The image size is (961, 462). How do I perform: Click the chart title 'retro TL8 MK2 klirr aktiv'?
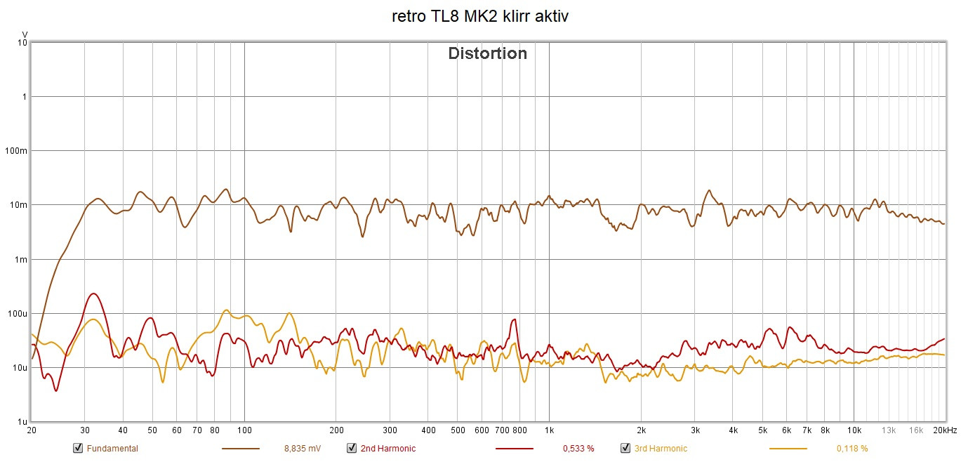pyautogui.click(x=480, y=16)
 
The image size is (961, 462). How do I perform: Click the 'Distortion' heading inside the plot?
pyautogui.click(x=487, y=53)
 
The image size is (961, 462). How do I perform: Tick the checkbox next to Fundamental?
pyautogui.click(x=77, y=448)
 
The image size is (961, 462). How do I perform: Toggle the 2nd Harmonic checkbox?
pyautogui.click(x=351, y=448)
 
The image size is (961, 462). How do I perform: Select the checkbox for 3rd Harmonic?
pyautogui.click(x=625, y=448)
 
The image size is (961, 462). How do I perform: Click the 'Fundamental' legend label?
pyautogui.click(x=112, y=449)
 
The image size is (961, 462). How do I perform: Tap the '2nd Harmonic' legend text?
pyautogui.click(x=387, y=449)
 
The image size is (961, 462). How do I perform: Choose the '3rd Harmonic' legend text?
pyautogui.click(x=661, y=449)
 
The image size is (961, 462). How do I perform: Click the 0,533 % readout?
pyautogui.click(x=578, y=449)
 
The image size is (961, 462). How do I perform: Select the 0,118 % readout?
pyautogui.click(x=851, y=449)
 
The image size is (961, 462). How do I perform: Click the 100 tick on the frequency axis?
pyautogui.click(x=244, y=430)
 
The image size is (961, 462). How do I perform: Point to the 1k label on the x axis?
pyautogui.click(x=549, y=430)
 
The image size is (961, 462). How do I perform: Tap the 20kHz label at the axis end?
pyautogui.click(x=944, y=430)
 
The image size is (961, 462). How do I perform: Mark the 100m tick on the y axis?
pyautogui.click(x=18, y=150)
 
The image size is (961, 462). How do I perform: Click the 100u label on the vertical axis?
pyautogui.click(x=18, y=313)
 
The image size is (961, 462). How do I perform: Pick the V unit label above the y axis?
pyautogui.click(x=24, y=34)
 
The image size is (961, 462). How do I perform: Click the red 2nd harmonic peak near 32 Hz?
pyautogui.click(x=93, y=293)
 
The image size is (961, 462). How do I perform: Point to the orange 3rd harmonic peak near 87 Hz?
pyautogui.click(x=225, y=310)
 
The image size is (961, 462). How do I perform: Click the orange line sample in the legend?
pyautogui.click(x=788, y=448)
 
